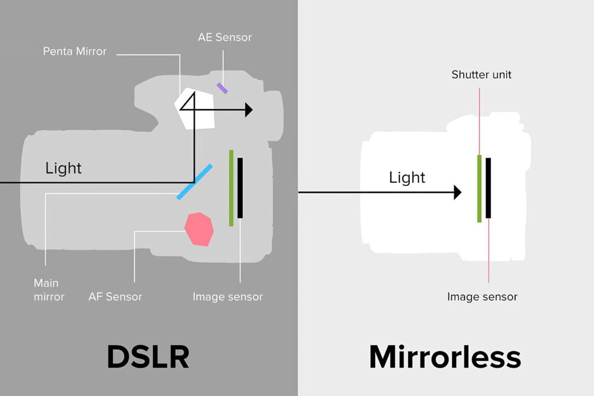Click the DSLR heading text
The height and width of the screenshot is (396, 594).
point(148,357)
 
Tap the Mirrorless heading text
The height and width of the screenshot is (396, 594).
point(445,357)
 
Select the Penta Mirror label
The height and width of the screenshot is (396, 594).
point(75,51)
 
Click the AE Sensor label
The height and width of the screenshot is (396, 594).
point(225,37)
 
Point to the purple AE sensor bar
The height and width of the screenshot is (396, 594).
point(222,88)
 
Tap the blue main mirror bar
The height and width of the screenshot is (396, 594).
point(194,181)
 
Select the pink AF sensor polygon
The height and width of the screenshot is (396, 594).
point(199,229)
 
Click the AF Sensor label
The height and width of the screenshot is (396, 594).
point(115,296)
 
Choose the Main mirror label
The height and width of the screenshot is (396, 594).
point(49,290)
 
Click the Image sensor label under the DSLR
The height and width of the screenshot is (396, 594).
point(227,296)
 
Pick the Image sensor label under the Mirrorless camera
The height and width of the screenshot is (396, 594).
point(482,296)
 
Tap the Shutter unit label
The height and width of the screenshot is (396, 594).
point(481,75)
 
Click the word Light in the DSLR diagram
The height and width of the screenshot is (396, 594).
point(63,168)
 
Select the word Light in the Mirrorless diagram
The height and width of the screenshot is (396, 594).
point(407,177)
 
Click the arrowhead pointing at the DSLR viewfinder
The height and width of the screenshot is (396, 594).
point(248,110)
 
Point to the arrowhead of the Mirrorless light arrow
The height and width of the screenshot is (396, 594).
point(457,192)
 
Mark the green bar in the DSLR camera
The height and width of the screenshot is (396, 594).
point(231,188)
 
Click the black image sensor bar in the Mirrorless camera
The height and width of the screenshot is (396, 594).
point(488,188)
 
